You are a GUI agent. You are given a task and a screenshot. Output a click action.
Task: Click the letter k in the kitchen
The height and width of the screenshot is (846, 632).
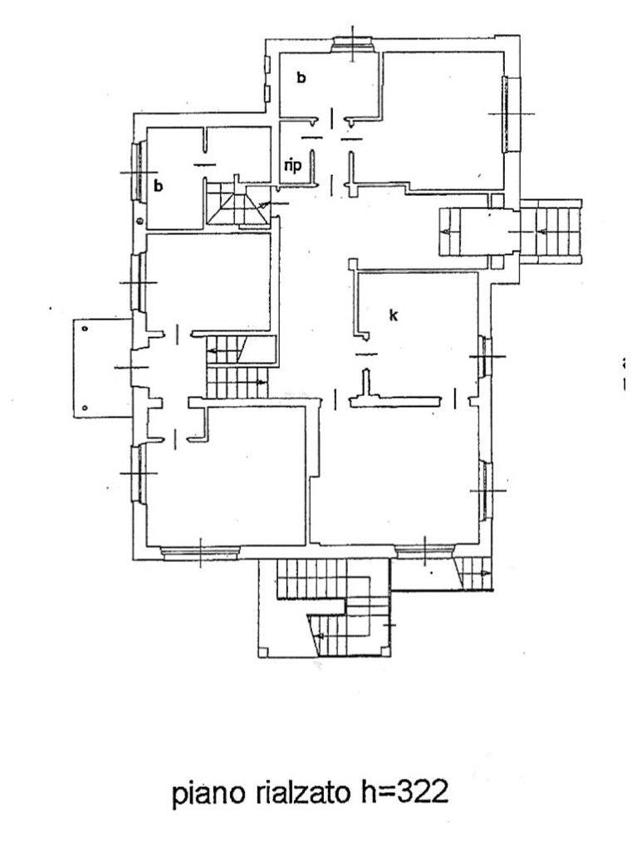(x=394, y=315)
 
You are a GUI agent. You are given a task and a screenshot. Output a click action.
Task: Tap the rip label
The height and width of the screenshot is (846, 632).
(x=292, y=165)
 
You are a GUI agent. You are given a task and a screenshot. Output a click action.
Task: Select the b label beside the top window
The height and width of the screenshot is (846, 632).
(x=301, y=78)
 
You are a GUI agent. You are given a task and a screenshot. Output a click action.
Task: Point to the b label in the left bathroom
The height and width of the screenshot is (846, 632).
(x=158, y=185)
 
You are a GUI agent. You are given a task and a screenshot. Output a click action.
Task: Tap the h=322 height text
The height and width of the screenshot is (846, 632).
(x=404, y=793)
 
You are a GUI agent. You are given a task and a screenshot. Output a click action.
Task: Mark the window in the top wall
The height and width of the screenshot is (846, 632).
(x=353, y=45)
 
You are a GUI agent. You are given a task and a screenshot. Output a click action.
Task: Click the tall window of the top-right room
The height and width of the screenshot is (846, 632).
(x=507, y=114)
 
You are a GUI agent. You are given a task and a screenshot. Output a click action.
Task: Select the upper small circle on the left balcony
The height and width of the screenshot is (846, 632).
(x=85, y=329)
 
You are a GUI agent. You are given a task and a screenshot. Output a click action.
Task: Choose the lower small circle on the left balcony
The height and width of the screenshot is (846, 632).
(x=85, y=407)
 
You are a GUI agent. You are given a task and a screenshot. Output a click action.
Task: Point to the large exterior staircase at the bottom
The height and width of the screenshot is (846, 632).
(x=328, y=610)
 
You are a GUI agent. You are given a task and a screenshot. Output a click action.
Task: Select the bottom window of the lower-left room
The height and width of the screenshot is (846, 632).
(x=201, y=550)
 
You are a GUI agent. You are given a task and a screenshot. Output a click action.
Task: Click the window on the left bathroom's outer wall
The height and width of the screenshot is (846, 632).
(x=138, y=172)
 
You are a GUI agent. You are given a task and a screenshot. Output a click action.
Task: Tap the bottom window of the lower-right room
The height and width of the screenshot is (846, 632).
(x=424, y=550)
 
